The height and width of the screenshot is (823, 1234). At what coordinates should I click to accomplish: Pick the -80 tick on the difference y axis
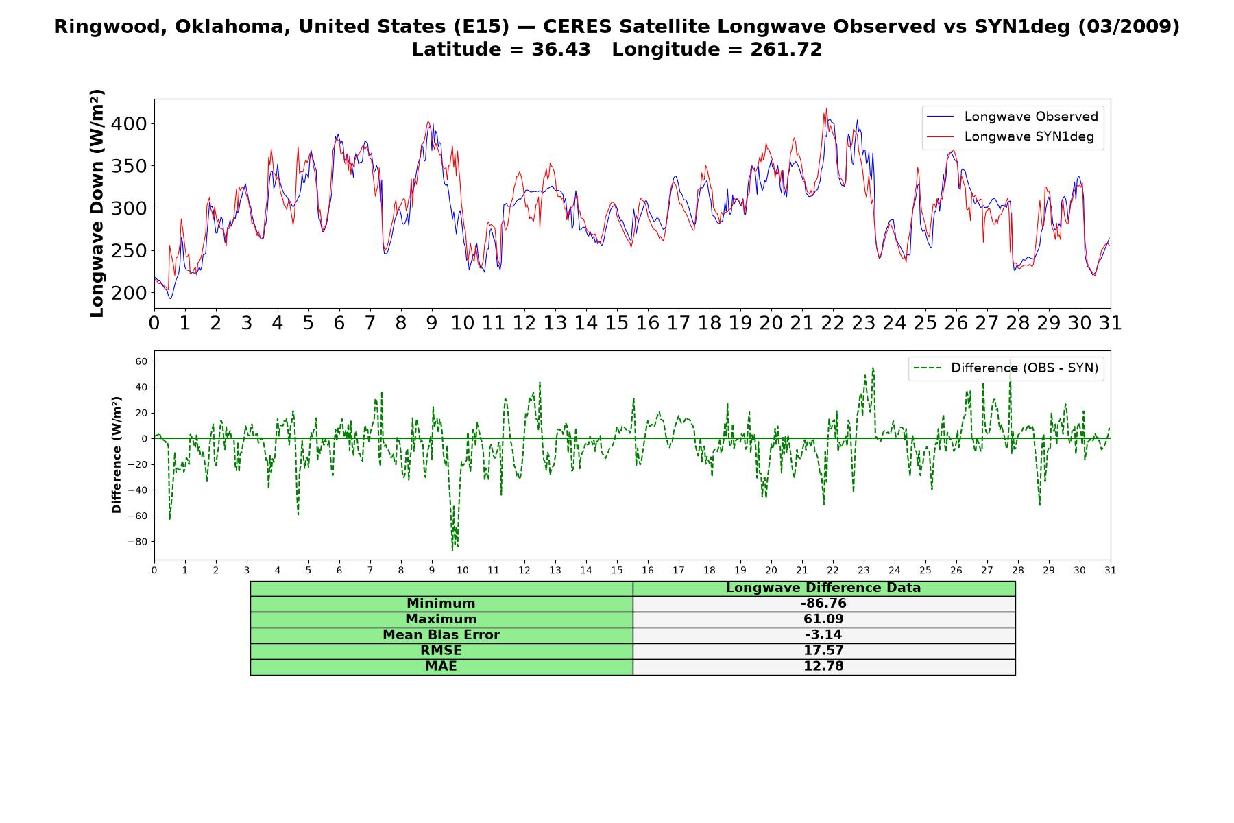click(x=137, y=542)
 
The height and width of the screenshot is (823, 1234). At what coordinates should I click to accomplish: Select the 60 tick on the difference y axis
click(x=141, y=361)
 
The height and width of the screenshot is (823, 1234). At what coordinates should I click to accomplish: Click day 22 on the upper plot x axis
click(x=832, y=323)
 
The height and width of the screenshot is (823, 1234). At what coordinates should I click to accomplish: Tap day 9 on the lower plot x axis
click(x=432, y=570)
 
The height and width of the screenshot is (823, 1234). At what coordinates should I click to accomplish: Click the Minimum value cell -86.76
click(x=823, y=604)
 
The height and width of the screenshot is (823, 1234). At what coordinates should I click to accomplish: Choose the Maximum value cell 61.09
click(x=823, y=619)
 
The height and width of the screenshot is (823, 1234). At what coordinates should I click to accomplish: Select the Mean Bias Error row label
click(x=441, y=635)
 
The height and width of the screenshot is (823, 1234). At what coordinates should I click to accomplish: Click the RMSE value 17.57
click(x=823, y=651)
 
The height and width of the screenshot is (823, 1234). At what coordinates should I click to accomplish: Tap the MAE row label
click(x=441, y=667)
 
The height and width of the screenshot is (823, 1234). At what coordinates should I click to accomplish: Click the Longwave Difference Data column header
click(x=823, y=588)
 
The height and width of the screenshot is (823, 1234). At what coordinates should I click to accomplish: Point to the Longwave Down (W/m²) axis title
click(x=97, y=203)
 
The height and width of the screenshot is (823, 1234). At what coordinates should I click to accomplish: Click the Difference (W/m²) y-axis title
click(x=117, y=455)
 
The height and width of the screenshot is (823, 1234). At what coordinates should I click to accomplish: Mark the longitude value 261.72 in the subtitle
click(x=786, y=49)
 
